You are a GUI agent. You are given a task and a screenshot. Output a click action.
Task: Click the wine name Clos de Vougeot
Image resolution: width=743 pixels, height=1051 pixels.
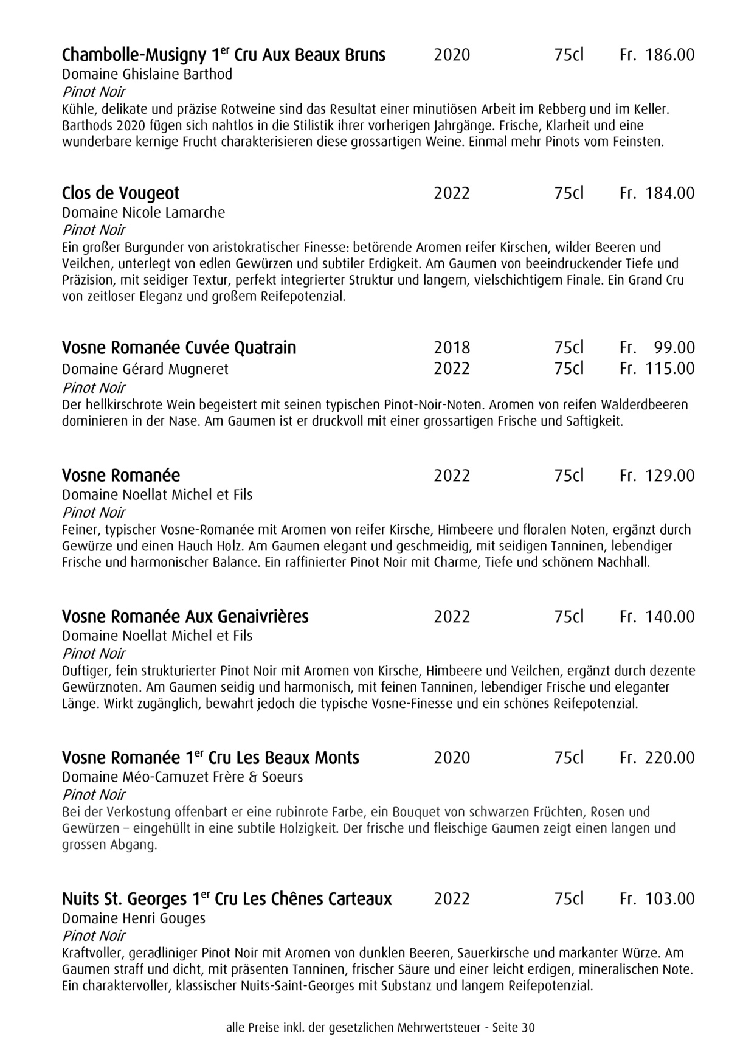(x=120, y=193)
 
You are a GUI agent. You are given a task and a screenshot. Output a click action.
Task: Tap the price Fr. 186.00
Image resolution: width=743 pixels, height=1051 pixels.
(x=657, y=55)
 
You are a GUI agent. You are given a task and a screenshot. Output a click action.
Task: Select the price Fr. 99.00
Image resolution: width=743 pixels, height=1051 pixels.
(x=657, y=348)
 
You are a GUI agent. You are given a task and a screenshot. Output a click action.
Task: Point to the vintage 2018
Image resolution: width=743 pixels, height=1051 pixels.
(x=452, y=348)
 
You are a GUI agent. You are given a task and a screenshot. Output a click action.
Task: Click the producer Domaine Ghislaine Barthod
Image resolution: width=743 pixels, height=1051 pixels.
(x=147, y=74)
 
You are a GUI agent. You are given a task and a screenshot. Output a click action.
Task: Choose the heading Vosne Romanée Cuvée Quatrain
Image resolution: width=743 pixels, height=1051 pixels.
(x=179, y=348)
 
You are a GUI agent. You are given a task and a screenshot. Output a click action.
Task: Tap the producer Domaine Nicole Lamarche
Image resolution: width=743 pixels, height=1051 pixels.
(x=143, y=213)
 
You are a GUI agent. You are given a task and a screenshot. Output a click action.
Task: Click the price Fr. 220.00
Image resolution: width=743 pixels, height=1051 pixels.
(x=657, y=758)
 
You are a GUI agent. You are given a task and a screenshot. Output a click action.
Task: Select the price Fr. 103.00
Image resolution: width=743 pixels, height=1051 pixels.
(x=657, y=899)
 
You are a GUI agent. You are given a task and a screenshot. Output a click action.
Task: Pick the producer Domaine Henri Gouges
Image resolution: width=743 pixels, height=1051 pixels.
(x=134, y=918)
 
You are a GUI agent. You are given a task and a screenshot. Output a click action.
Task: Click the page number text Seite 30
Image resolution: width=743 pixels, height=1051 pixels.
(x=514, y=1028)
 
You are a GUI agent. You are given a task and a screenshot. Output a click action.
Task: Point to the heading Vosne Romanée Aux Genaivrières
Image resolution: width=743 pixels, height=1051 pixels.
(x=185, y=617)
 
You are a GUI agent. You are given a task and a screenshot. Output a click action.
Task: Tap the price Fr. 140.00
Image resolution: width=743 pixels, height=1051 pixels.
(x=657, y=617)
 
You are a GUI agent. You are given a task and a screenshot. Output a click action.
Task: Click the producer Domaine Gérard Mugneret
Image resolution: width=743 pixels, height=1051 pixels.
(x=145, y=369)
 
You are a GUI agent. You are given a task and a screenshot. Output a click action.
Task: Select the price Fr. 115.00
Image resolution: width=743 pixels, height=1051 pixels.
(x=657, y=369)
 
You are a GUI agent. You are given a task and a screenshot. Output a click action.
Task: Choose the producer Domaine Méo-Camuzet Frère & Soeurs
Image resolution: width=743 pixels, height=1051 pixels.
(x=182, y=777)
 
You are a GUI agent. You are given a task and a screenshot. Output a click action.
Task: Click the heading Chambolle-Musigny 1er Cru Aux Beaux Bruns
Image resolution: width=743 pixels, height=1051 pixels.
(x=224, y=55)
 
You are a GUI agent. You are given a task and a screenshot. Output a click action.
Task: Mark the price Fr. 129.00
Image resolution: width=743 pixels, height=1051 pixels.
(x=657, y=476)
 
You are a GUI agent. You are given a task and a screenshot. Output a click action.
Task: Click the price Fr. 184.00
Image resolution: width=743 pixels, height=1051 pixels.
(x=657, y=193)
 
